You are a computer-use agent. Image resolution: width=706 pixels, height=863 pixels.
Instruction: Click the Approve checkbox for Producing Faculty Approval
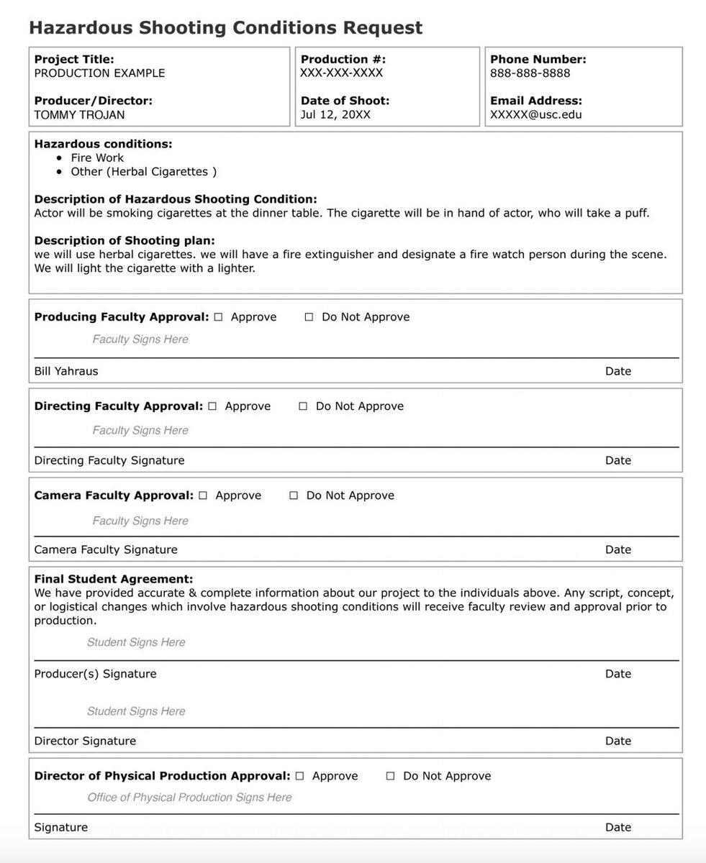click(218, 317)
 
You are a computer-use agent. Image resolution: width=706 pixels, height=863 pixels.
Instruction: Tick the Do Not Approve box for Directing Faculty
click(303, 406)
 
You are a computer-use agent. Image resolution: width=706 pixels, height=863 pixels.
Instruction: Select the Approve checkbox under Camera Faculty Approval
click(203, 496)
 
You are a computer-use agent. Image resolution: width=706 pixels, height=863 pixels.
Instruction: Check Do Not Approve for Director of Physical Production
click(391, 776)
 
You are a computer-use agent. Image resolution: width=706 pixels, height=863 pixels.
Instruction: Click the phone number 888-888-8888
click(530, 73)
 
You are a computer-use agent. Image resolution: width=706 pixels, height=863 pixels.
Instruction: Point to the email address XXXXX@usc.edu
click(536, 114)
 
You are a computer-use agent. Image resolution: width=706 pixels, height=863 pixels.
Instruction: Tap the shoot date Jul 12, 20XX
click(335, 114)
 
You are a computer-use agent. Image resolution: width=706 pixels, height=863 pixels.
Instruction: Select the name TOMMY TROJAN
click(79, 114)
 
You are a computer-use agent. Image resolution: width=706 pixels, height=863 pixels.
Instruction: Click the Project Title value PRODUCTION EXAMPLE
click(99, 73)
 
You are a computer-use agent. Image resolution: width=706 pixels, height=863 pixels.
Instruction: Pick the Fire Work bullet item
click(97, 158)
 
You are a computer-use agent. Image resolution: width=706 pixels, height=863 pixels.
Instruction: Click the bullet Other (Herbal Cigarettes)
click(143, 172)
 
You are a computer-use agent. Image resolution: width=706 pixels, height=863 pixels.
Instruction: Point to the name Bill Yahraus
click(66, 371)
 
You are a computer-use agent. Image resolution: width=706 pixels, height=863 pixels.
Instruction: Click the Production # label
click(343, 60)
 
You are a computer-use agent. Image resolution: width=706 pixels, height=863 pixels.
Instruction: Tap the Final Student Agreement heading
click(114, 579)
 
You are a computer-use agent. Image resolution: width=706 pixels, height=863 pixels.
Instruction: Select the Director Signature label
click(85, 741)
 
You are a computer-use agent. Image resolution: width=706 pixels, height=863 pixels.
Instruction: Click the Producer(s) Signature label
click(95, 674)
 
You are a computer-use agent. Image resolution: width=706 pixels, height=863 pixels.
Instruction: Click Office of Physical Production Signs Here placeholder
click(189, 797)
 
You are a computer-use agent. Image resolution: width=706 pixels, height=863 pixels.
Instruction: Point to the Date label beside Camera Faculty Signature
click(618, 549)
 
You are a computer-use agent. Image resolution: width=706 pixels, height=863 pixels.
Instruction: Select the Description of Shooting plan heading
click(125, 240)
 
